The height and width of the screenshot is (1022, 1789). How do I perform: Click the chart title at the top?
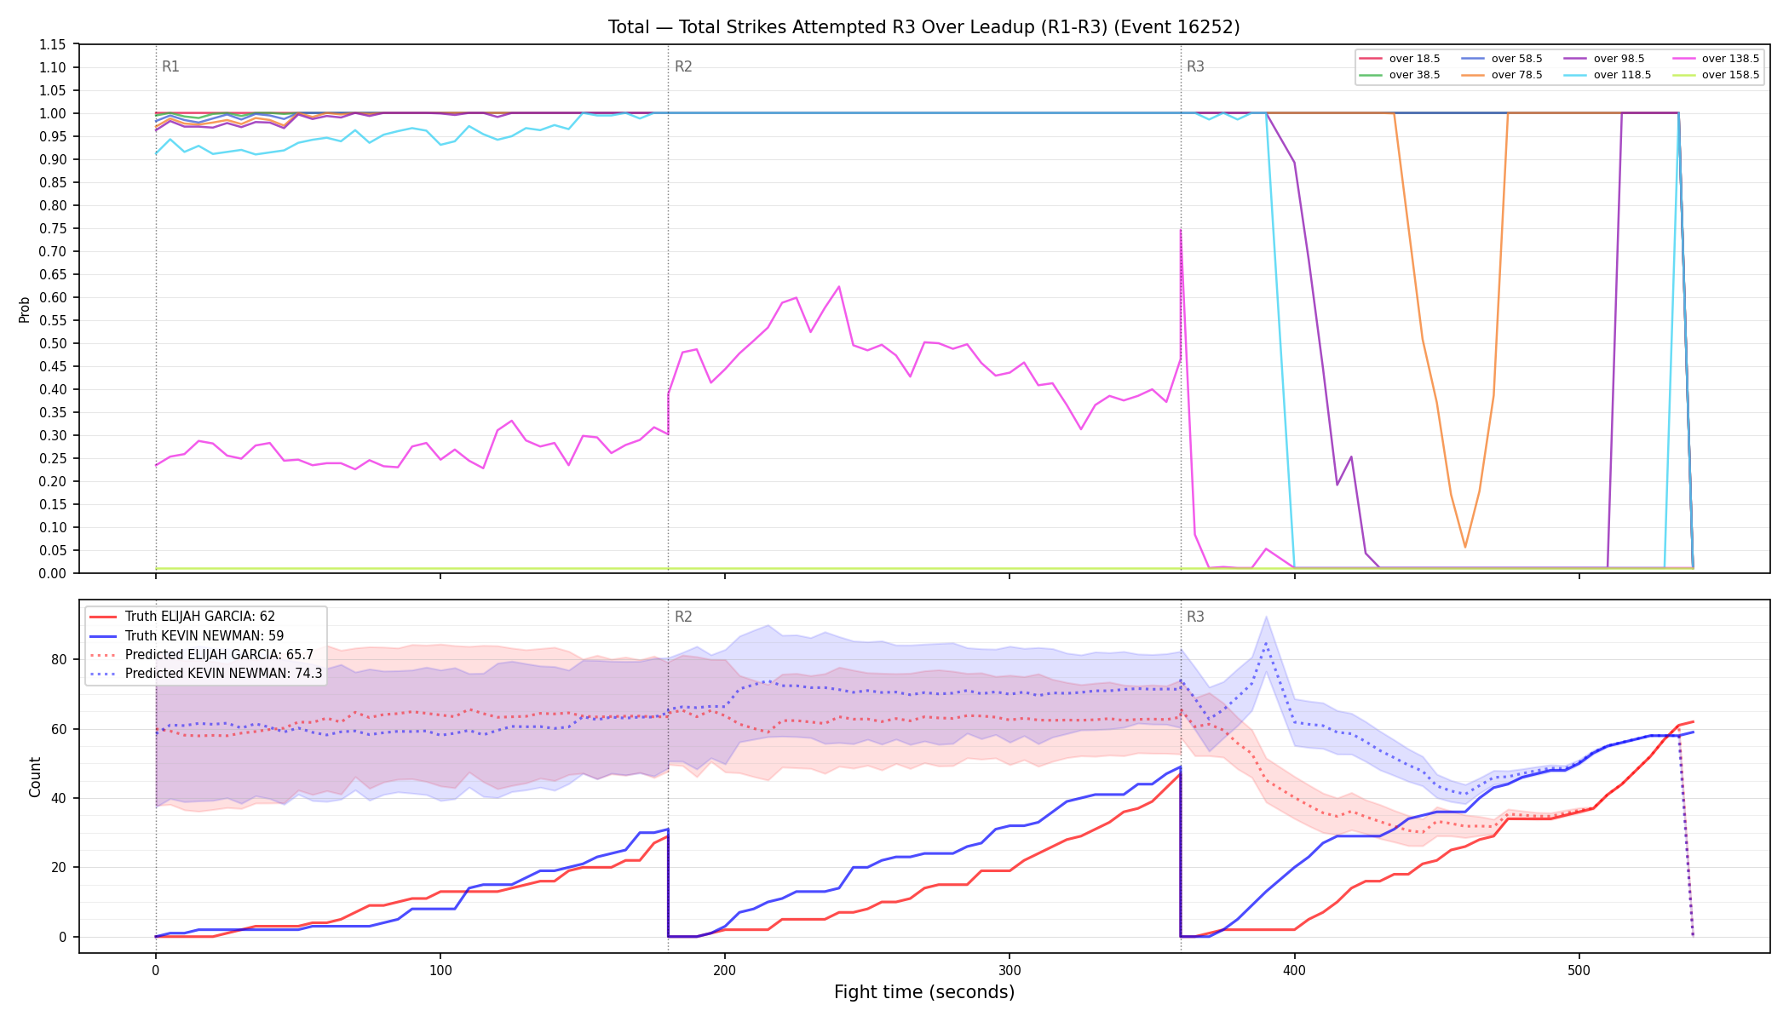(x=923, y=27)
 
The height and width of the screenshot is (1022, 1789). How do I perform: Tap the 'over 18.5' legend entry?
(x=1400, y=59)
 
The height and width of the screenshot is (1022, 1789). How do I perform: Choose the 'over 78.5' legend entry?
(x=1502, y=75)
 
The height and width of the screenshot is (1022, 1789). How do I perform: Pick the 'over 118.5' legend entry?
(x=1608, y=75)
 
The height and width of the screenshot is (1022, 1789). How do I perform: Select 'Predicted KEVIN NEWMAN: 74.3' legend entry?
(x=205, y=674)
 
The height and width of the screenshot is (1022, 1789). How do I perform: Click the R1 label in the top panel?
(x=170, y=66)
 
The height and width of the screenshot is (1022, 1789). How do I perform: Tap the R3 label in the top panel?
(x=1195, y=66)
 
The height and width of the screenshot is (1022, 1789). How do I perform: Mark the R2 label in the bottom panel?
(x=683, y=617)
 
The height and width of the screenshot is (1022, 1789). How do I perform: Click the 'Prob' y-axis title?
(x=24, y=309)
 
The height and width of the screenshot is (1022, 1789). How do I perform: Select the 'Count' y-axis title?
(x=35, y=777)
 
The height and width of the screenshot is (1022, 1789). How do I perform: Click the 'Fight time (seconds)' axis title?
(x=924, y=992)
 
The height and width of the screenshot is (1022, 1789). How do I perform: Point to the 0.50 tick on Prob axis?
(x=52, y=343)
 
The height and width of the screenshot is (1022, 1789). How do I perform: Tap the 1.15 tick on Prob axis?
(x=52, y=44)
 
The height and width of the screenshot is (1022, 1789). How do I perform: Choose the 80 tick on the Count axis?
(x=58, y=659)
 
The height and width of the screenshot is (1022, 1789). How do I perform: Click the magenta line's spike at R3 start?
(x=1181, y=230)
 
